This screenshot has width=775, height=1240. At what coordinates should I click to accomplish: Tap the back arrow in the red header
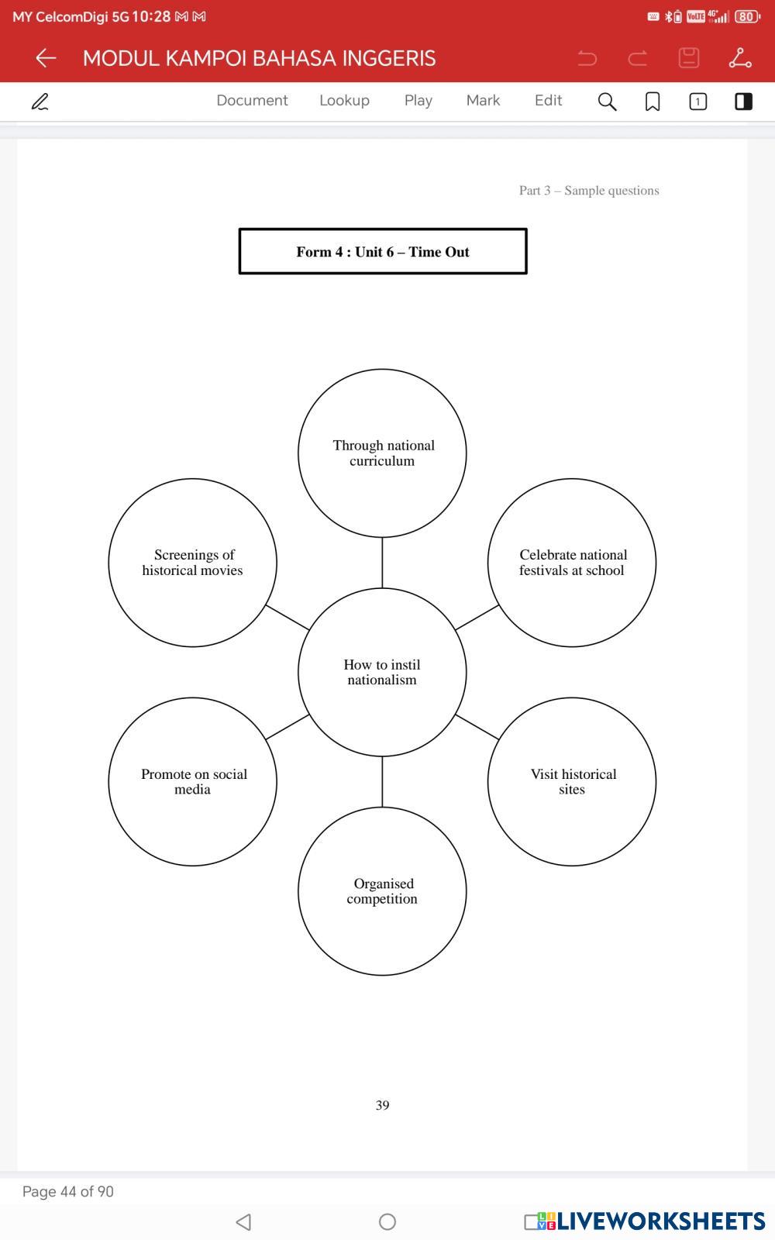[x=46, y=58]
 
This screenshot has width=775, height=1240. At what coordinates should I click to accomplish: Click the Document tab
[x=252, y=101]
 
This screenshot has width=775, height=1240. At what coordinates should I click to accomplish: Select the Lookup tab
[x=344, y=101]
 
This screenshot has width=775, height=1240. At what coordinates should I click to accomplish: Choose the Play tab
[x=418, y=101]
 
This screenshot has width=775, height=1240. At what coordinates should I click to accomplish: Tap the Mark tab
[x=483, y=101]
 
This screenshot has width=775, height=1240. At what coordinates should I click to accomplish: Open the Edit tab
[x=548, y=101]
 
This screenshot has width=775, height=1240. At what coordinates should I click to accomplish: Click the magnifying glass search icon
[x=607, y=102]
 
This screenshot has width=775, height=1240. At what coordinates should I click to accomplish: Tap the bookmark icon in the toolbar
[x=653, y=102]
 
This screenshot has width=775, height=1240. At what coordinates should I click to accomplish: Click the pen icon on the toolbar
[x=40, y=102]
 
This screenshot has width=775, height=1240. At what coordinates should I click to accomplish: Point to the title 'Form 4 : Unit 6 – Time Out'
[x=383, y=252]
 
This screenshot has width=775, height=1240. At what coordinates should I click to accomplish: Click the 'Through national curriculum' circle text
[x=383, y=453]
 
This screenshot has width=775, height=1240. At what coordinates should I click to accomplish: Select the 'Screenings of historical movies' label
[x=193, y=563]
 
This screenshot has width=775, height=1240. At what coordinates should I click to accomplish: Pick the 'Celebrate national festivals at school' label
[x=573, y=563]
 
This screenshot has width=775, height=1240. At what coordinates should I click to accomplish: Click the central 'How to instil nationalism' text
[x=382, y=673]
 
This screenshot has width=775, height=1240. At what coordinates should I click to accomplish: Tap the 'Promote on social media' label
[x=193, y=782]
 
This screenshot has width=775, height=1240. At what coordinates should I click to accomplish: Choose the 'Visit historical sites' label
[x=573, y=782]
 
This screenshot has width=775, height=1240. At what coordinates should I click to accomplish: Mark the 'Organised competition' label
[x=383, y=891]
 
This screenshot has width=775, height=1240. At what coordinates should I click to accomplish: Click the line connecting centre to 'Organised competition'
[x=382, y=781]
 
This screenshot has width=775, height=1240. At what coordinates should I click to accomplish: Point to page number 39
[x=382, y=1105]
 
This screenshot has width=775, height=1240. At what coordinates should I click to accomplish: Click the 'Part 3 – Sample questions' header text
[x=589, y=191]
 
